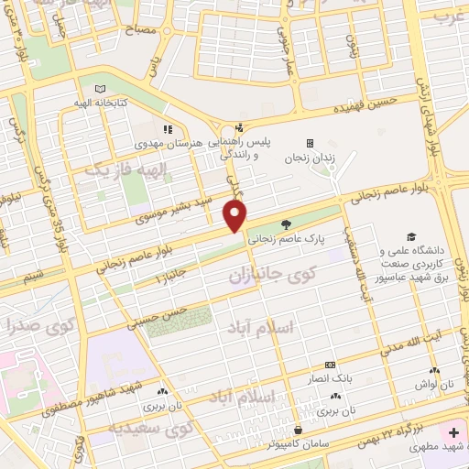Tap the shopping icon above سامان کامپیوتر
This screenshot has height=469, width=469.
click(x=298, y=429)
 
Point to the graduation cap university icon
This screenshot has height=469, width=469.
click(x=411, y=235)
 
